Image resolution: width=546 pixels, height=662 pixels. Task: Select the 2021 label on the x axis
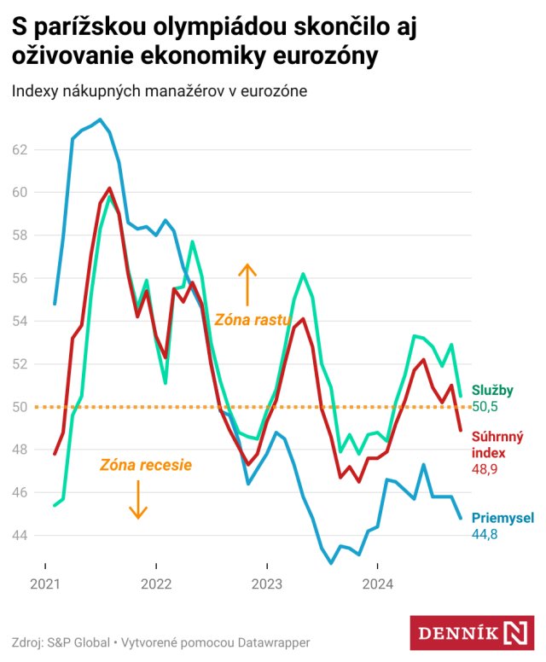point(45,584)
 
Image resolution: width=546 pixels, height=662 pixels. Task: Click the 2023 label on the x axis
point(266,584)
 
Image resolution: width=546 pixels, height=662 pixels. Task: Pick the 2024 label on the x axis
point(377,584)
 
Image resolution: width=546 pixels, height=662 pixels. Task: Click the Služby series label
point(492,391)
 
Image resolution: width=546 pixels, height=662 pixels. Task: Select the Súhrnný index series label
point(498,445)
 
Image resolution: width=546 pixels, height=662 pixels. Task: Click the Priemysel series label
point(502,518)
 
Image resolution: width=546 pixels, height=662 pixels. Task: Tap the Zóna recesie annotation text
point(145,465)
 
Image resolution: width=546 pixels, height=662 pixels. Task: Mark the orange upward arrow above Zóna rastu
point(247,284)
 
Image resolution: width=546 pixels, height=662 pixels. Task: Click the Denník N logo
point(477,632)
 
